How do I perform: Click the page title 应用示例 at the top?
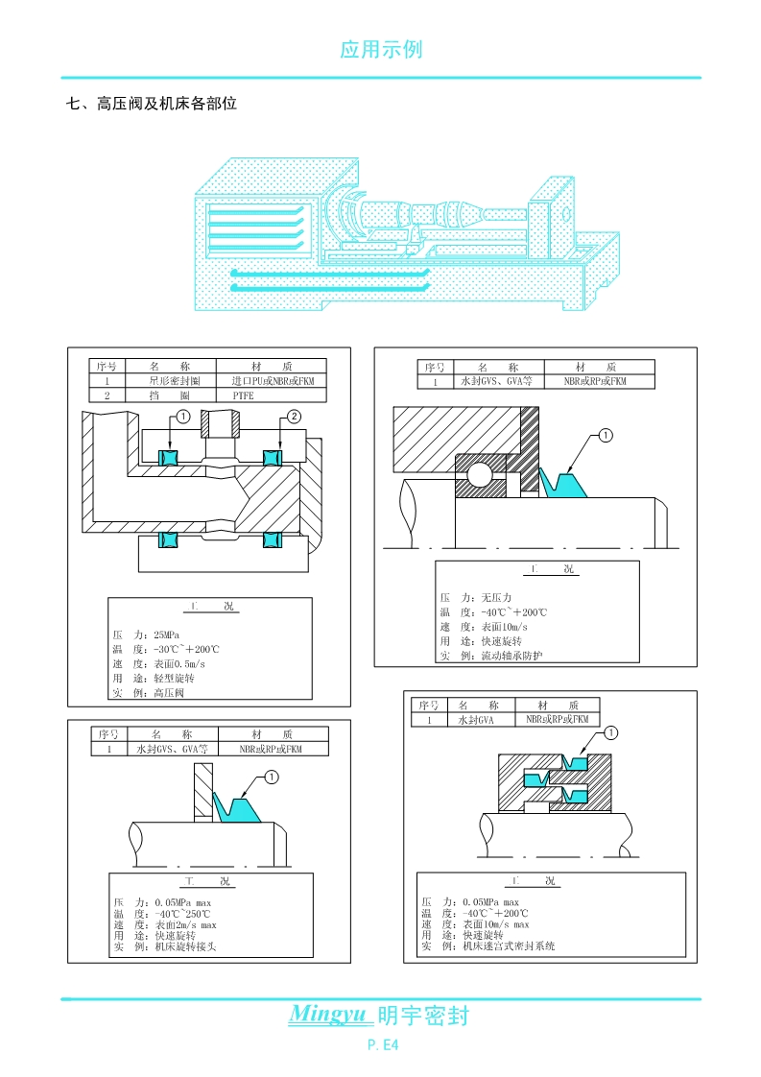pos(381,50)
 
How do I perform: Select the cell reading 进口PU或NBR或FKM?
pos(273,381)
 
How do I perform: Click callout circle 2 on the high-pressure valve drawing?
pos(295,416)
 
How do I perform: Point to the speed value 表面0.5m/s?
pos(180,663)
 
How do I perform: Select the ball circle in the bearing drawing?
pos(480,473)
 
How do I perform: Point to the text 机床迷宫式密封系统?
pos(509,946)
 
